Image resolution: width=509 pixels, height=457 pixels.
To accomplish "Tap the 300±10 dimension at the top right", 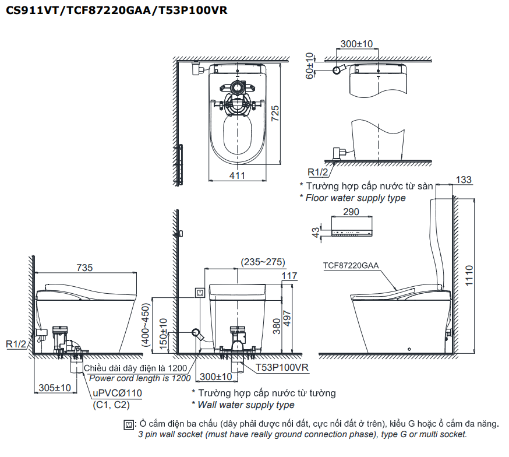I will pos(356,44).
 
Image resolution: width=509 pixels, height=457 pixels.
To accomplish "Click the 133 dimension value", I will pos(464,180).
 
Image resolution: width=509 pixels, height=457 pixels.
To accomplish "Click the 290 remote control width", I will pos(351,212).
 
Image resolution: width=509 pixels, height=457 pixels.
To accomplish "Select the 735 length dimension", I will pos(84,268).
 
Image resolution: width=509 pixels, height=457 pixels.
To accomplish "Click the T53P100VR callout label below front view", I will pos(282,367).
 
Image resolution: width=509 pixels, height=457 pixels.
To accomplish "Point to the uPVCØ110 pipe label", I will pos(116,393).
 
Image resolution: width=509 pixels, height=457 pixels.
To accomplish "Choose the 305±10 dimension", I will pos(54,388).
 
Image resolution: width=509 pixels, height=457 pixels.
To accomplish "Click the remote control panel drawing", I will pos(351,231).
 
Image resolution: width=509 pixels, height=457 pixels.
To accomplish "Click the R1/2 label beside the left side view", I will pos(16,344).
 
